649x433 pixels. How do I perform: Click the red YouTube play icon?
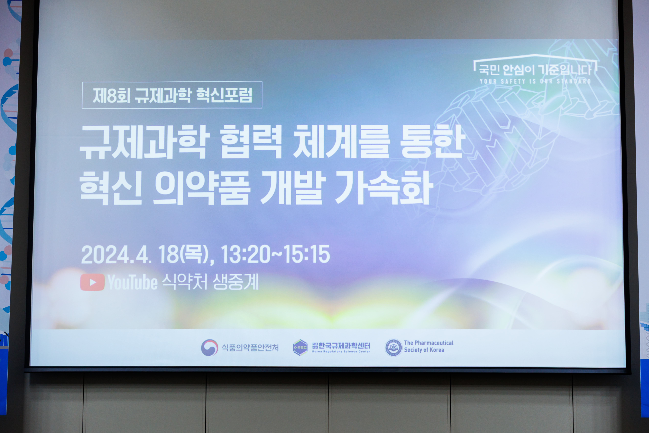pyautogui.click(x=92, y=282)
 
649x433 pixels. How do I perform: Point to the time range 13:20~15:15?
pyautogui.click(x=275, y=254)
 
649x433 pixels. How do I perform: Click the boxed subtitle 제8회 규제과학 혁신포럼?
pyautogui.click(x=172, y=95)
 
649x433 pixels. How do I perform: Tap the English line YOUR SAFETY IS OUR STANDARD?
pyautogui.click(x=535, y=81)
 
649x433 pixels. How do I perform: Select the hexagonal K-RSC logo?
pyautogui.click(x=300, y=347)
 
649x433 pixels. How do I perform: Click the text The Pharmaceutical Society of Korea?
pyautogui.click(x=429, y=346)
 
